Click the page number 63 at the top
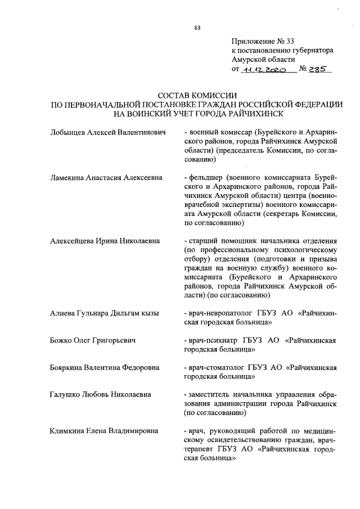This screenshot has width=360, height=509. pos(197,28)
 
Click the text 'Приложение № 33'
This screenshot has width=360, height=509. pos(263,41)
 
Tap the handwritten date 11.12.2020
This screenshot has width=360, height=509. pos(264,70)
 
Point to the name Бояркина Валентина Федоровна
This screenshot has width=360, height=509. pos(104,368)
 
